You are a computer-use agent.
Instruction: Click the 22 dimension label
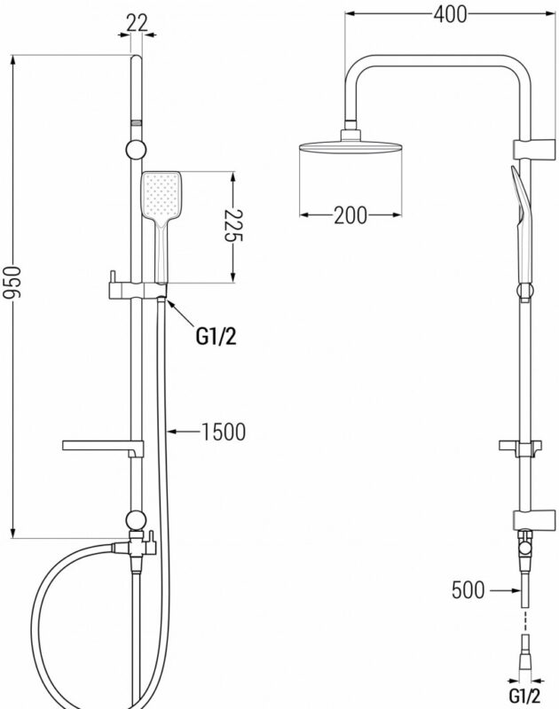pyautogui.click(x=137, y=23)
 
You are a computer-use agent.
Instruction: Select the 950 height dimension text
pyautogui.click(x=12, y=283)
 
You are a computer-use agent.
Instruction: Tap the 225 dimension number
pyautogui.click(x=233, y=226)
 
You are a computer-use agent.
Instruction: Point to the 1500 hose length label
pyautogui.click(x=223, y=432)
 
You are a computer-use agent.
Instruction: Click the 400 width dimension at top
pyautogui.click(x=451, y=14)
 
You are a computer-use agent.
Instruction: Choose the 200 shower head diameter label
pyautogui.click(x=350, y=215)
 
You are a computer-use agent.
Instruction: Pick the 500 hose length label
pyautogui.click(x=468, y=589)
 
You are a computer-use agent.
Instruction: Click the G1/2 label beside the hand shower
pyautogui.click(x=216, y=337)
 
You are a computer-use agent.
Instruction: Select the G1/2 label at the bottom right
pyautogui.click(x=524, y=696)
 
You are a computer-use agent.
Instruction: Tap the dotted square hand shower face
pyautogui.click(x=161, y=194)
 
